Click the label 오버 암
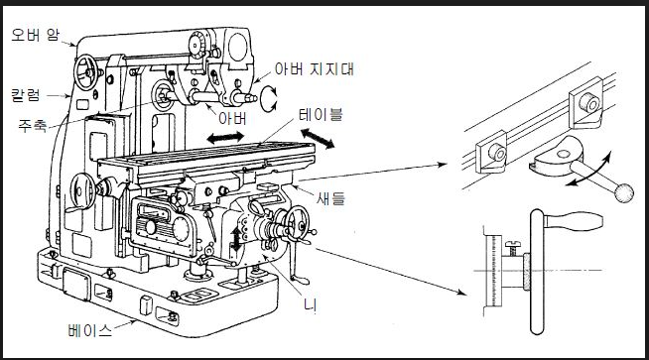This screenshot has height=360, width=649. coord(35,35)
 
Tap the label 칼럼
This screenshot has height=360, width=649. coord(26,95)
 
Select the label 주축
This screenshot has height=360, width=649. coord(33,125)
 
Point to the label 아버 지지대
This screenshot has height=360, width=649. coord(315,68)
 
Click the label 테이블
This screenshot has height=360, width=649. coord(321,114)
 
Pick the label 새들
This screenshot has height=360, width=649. coord(330,199)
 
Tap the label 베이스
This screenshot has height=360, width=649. coord(90,330)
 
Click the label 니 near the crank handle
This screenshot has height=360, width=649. coord(310,305)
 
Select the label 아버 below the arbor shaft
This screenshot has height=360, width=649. coord(232,119)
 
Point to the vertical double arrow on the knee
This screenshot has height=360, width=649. coord(236,239)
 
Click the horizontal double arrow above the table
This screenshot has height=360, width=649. coord(225,138)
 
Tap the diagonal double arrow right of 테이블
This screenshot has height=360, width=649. coord(317,139)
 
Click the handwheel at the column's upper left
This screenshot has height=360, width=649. coord(86,72)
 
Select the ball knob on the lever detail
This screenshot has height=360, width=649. coord(624,192)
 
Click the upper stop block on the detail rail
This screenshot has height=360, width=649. coord(585,103)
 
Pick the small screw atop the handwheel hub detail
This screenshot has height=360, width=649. coord(513,248)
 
